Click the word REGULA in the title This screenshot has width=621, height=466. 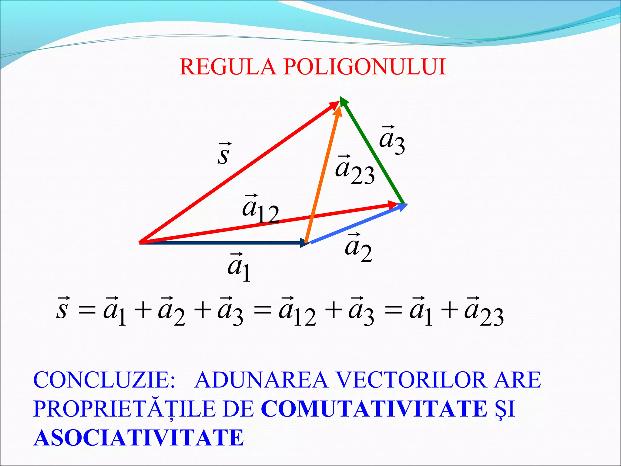(x=228, y=67)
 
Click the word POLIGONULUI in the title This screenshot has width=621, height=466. (x=364, y=67)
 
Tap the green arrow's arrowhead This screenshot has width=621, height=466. (x=344, y=102)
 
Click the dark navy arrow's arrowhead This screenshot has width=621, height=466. (x=304, y=242)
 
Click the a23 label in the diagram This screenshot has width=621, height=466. (x=355, y=170)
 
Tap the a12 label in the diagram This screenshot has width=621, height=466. (x=260, y=209)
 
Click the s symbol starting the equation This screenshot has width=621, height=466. (x=62, y=309)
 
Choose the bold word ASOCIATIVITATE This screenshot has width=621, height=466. (x=139, y=438)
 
